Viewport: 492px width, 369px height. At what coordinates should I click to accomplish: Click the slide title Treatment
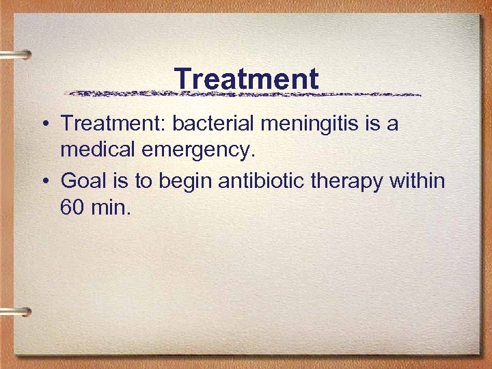[246, 79]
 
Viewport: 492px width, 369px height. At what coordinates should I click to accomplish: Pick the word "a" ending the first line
[392, 125]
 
